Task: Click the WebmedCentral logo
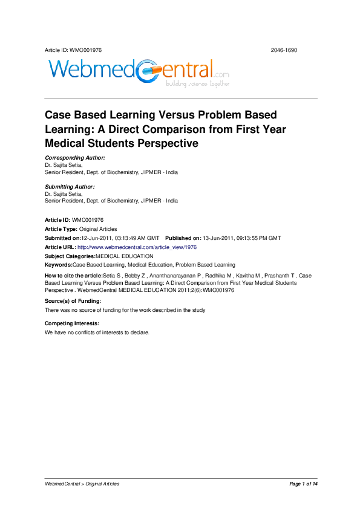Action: point(138,71)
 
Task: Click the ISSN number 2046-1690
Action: point(284,50)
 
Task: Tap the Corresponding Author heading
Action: point(75,157)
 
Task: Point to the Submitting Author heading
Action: point(70,187)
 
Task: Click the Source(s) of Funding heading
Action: point(73,301)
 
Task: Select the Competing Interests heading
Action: point(71,324)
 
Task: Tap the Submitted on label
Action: point(63,238)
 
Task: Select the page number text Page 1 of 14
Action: point(303,484)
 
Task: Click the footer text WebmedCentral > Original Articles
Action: point(82,484)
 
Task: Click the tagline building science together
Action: point(198,84)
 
